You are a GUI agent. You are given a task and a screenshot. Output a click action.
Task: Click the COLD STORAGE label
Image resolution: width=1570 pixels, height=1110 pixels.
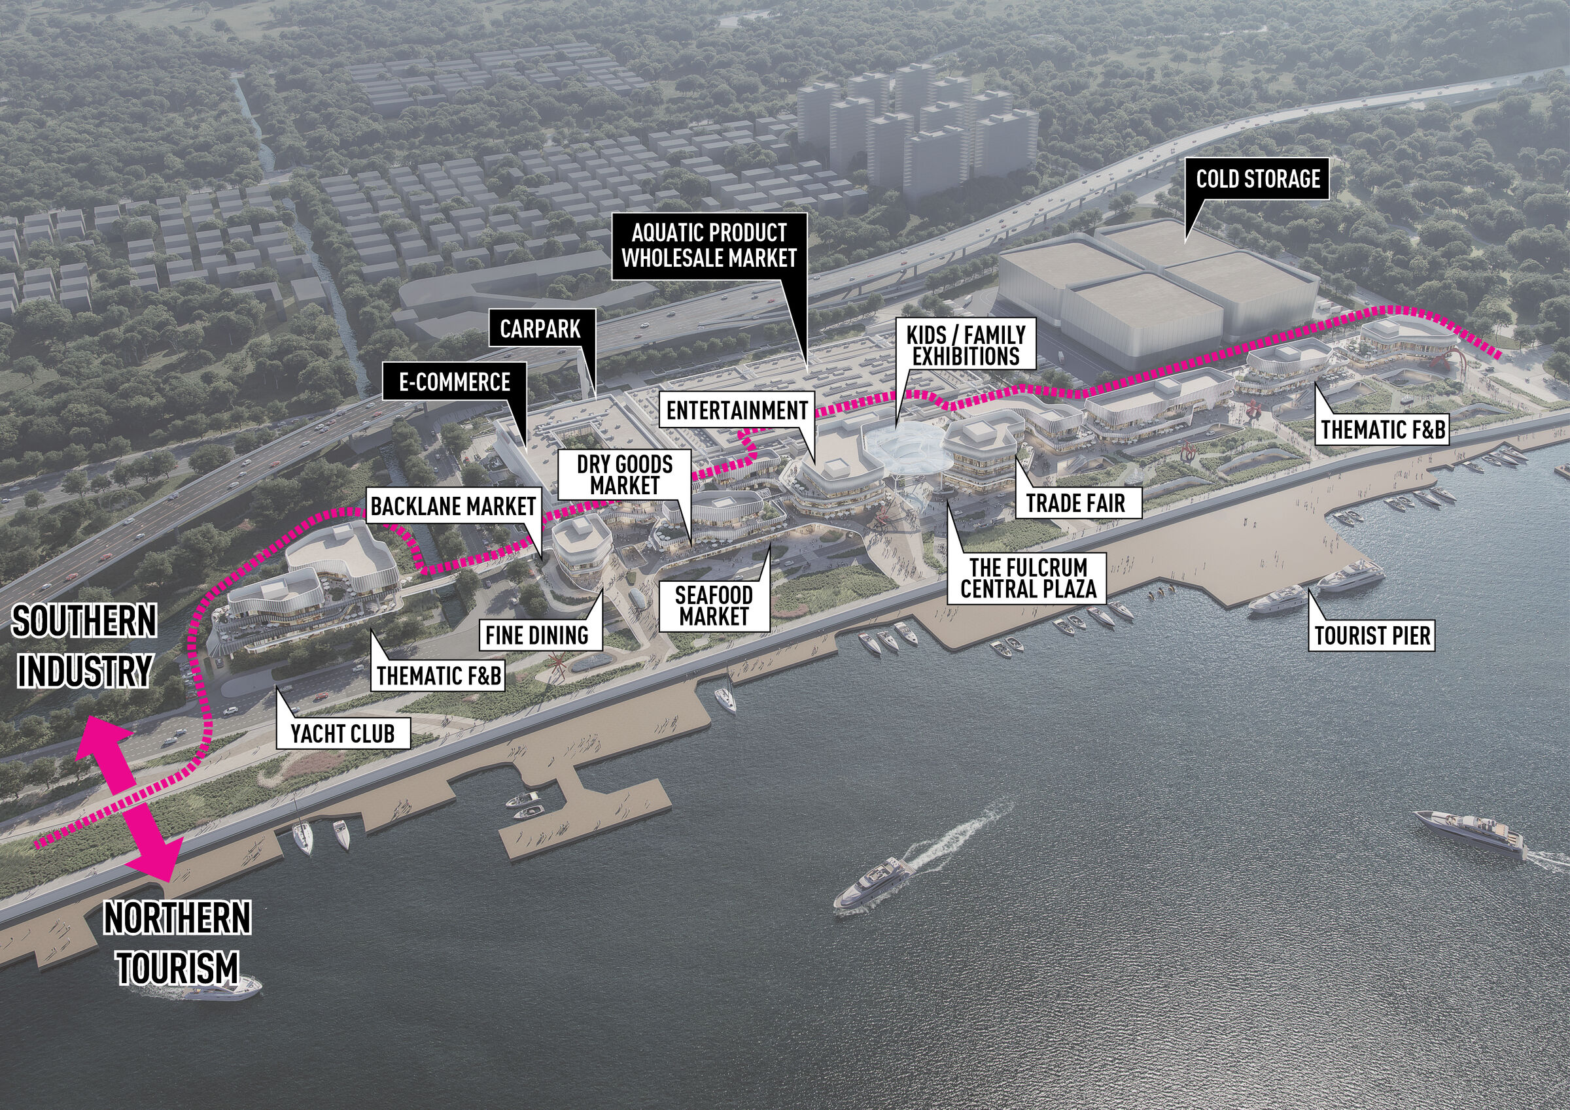[1257, 179]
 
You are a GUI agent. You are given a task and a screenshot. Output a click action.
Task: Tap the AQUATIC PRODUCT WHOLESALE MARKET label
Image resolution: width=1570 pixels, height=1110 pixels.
[709, 245]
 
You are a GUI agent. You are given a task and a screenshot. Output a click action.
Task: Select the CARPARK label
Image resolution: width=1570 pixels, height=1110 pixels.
[540, 329]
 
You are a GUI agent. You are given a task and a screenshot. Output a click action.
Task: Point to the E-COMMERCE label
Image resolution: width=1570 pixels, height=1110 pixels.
[455, 382]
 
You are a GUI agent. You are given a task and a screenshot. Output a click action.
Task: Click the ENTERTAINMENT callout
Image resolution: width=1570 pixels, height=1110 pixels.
[737, 410]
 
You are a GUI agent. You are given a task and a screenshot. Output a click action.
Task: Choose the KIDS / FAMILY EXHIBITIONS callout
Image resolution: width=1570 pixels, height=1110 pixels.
[966, 346]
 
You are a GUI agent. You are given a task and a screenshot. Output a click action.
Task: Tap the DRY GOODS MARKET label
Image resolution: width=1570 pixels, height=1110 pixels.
[624, 475]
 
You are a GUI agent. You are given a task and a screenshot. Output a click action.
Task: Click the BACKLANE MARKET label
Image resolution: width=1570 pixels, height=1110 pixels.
[453, 507]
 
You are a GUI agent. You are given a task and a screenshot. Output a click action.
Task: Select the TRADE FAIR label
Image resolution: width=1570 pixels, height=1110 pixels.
[1075, 505]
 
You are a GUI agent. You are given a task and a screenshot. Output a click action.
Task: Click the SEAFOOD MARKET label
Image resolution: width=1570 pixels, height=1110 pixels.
[714, 605]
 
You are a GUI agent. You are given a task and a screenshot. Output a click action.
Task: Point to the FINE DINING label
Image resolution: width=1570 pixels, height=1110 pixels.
[537, 635]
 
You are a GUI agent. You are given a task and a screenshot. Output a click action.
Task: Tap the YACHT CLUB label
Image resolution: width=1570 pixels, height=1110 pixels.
[343, 733]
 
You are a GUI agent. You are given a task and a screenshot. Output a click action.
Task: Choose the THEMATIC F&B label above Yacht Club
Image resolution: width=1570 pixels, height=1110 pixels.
[439, 676]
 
